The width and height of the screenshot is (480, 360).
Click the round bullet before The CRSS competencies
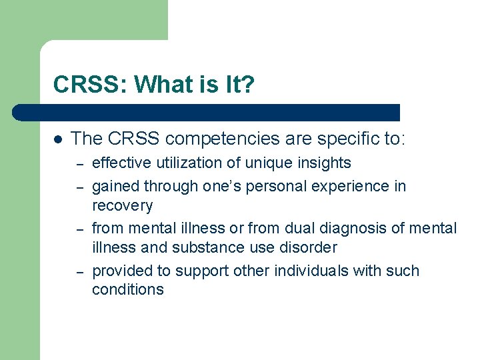[58, 139]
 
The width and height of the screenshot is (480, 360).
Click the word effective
[119, 163]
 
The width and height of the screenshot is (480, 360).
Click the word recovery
[122, 205]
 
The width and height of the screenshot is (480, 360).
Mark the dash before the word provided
[79, 271]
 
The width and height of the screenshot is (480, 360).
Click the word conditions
[127, 289]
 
